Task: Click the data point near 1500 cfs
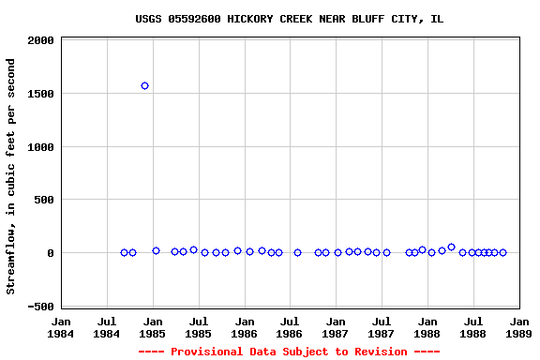[x=144, y=85]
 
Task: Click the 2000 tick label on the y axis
[x=40, y=41]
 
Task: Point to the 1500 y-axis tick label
[x=40, y=94]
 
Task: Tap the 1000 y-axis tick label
[x=40, y=147]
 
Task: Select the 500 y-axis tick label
[x=44, y=200]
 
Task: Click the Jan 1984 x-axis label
[x=61, y=326]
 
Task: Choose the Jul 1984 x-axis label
[x=107, y=326]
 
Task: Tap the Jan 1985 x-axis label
[x=153, y=326]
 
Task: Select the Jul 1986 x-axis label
[x=290, y=326]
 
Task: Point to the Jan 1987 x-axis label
[x=336, y=326]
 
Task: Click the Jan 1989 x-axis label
[x=518, y=326]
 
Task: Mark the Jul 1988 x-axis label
[x=473, y=326]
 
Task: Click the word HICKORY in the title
[x=247, y=19]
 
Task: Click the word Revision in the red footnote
[x=379, y=352]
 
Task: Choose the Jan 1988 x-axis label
[x=427, y=326]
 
